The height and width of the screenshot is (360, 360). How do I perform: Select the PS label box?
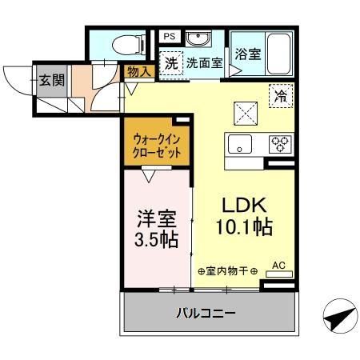(x=170, y=36)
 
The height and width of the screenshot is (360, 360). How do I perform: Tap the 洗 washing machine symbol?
(x=170, y=64)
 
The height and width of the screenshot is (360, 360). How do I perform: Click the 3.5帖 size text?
(x=156, y=238)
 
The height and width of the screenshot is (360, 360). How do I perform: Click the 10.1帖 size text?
(x=244, y=226)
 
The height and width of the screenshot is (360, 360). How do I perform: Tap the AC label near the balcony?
(x=278, y=264)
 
